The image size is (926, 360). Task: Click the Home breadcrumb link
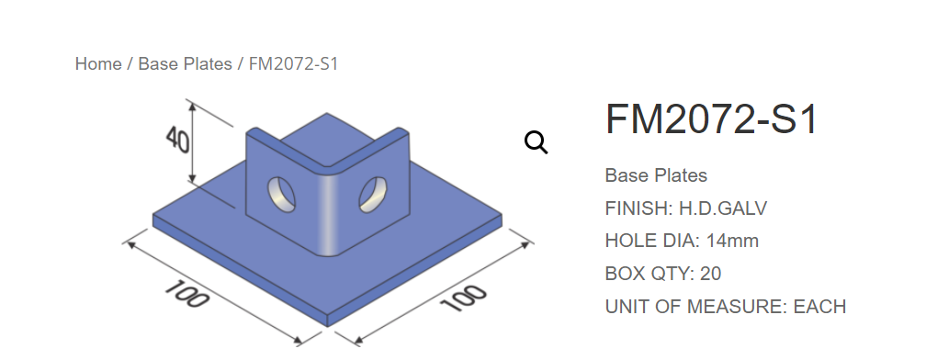pyautogui.click(x=98, y=63)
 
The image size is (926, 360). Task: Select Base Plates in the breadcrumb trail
pyautogui.click(x=185, y=63)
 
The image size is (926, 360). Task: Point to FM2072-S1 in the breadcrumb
pyautogui.click(x=294, y=63)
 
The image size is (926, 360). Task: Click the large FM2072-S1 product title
pyautogui.click(x=712, y=119)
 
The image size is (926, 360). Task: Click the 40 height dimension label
pyautogui.click(x=177, y=140)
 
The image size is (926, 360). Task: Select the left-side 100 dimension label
pyautogui.click(x=186, y=294)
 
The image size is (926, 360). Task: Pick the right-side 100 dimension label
pyautogui.click(x=464, y=298)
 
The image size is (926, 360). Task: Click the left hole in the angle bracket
pyautogui.click(x=282, y=194)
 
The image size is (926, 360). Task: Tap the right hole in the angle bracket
pyautogui.click(x=373, y=194)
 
